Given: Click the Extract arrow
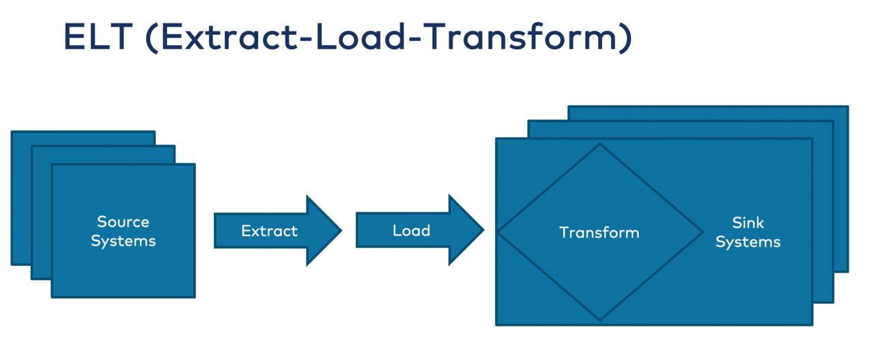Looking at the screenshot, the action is [278, 231].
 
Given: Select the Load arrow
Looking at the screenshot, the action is [420, 230].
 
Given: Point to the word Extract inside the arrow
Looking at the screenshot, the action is [269, 231].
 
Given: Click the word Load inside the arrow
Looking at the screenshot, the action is [411, 230].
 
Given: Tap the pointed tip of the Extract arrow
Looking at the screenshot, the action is [341, 231].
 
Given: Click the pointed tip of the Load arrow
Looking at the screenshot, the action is [484, 230].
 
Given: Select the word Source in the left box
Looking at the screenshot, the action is [123, 222].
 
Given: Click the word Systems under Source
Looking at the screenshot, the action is [124, 241].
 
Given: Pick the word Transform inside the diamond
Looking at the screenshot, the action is [600, 232].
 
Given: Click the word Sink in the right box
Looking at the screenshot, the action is [748, 223].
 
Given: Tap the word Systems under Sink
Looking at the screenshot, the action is [748, 242].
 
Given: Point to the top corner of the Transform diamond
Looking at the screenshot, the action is [600, 143].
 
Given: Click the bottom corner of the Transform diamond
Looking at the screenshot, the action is [600, 320].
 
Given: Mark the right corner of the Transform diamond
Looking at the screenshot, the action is [703, 232].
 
